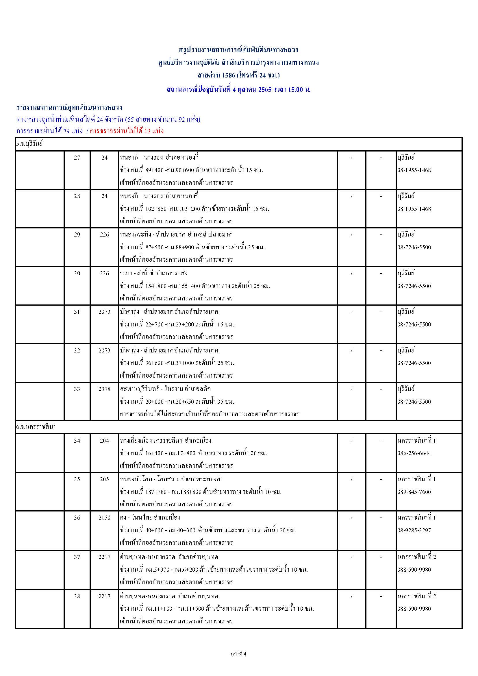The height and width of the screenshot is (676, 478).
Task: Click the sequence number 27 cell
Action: pos(77,158)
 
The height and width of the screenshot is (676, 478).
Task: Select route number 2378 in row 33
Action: pos(105,389)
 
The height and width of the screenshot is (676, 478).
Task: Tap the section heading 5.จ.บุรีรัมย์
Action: pos(29,144)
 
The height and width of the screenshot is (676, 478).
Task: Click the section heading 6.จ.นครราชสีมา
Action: pos(36,427)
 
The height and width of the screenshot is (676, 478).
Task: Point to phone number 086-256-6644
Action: pos(414,453)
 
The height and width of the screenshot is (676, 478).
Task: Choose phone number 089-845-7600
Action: pos(414,492)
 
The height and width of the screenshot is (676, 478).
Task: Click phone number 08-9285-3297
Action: pos(414,530)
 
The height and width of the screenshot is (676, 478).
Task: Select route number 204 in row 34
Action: pos(105,441)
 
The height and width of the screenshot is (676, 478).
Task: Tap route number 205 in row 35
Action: pos(105,479)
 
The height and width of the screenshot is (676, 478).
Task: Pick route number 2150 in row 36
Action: pos(105,518)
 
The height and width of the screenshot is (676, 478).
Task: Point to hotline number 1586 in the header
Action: pos(228,75)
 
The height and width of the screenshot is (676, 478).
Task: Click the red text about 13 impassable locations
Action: pos(127,131)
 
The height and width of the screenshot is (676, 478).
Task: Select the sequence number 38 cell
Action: pos(77,596)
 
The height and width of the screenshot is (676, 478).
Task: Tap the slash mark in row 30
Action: pos(351,274)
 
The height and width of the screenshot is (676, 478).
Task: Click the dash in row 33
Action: pos(381,389)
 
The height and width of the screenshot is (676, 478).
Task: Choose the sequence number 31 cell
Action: pos(77,312)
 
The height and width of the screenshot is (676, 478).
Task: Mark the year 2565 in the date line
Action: pos(265,90)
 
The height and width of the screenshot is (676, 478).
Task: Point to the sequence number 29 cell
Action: pos(77,235)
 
